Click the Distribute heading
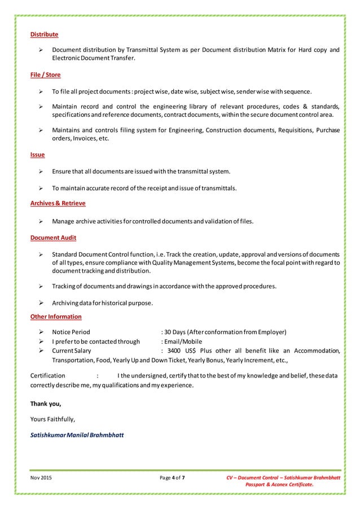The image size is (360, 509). (44, 35)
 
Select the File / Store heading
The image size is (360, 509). (45, 75)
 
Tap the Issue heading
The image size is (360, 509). (37, 155)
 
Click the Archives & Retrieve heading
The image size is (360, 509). (58, 203)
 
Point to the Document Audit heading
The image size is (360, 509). (53, 238)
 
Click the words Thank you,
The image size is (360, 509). (45, 404)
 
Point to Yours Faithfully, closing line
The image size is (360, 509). (52, 419)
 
